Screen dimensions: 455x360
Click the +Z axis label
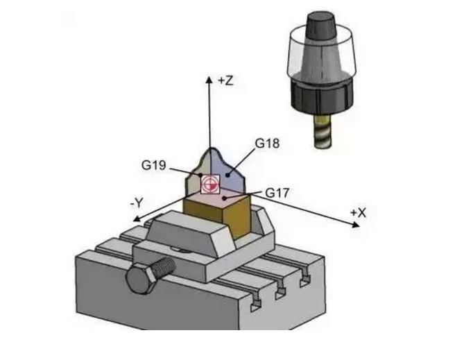click(x=225, y=81)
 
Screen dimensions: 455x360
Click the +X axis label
click(x=358, y=213)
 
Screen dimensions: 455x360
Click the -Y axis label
click(x=137, y=203)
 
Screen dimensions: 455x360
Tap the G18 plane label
click(x=267, y=144)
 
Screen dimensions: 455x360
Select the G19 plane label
click(x=153, y=165)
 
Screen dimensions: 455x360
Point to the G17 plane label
click(x=277, y=193)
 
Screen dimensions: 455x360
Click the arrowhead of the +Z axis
click(x=209, y=79)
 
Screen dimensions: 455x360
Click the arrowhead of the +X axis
click(x=355, y=224)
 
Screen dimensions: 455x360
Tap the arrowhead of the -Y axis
click(x=137, y=218)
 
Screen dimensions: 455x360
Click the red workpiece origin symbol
click(x=209, y=184)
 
